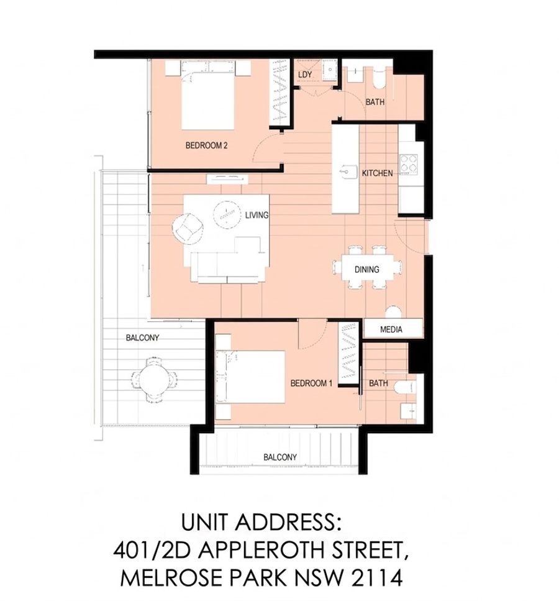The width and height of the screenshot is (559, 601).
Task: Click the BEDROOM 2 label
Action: (x=206, y=145)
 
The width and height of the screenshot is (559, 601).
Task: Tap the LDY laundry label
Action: (x=304, y=75)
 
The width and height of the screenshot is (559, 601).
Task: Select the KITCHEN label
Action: (x=377, y=173)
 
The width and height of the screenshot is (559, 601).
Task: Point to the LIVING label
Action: (x=257, y=215)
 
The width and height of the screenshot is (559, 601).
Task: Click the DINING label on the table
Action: (x=366, y=270)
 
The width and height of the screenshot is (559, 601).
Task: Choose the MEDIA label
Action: (x=391, y=329)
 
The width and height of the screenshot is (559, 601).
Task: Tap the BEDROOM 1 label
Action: (x=311, y=383)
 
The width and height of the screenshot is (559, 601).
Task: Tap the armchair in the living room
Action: (x=188, y=229)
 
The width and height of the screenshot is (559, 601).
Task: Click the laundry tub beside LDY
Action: (x=329, y=70)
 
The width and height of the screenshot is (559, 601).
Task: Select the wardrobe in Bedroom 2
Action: (x=280, y=92)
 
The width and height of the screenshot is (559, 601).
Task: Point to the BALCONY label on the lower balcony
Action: (x=279, y=457)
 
